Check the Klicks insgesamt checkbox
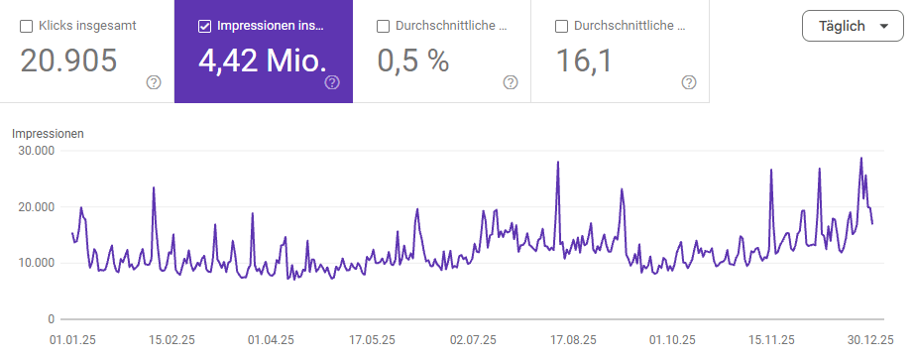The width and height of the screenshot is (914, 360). coord(27,26)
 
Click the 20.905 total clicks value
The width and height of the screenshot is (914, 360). coord(68,61)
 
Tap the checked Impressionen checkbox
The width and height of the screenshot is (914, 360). coord(205,26)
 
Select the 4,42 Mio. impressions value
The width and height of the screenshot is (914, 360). coord(262,61)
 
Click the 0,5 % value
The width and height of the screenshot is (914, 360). coord(413,61)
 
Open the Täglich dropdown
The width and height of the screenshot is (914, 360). coord(852,26)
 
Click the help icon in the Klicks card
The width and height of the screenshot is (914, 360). coord(154,82)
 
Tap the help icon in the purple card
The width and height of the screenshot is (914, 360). coord(332,82)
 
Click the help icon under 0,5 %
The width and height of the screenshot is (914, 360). coord(511,82)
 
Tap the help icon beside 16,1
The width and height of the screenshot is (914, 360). coord(689,82)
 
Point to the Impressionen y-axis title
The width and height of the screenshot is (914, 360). coord(48,132)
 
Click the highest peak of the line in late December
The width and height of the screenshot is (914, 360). coord(860,159)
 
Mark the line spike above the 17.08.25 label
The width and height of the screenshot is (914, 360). coord(558,163)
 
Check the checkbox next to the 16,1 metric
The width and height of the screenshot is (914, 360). coord(562,26)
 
